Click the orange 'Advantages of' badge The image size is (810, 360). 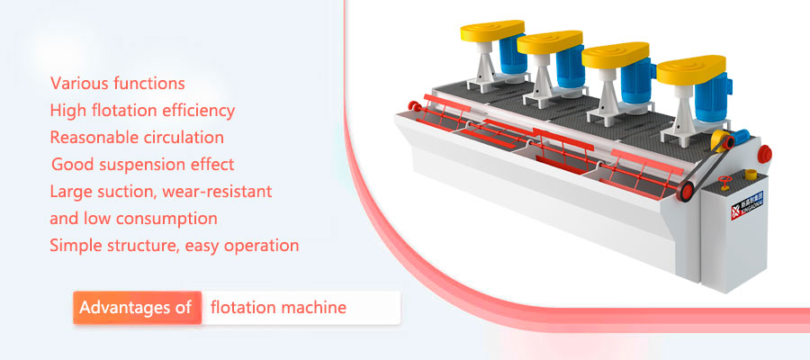(137, 308)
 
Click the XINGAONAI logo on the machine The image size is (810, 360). (747, 205)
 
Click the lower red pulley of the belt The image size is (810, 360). (686, 192)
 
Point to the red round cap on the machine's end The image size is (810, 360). (764, 154)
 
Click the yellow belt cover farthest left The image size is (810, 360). (491, 31)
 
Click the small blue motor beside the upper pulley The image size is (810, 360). (741, 137)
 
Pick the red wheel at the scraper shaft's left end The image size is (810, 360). (413, 107)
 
